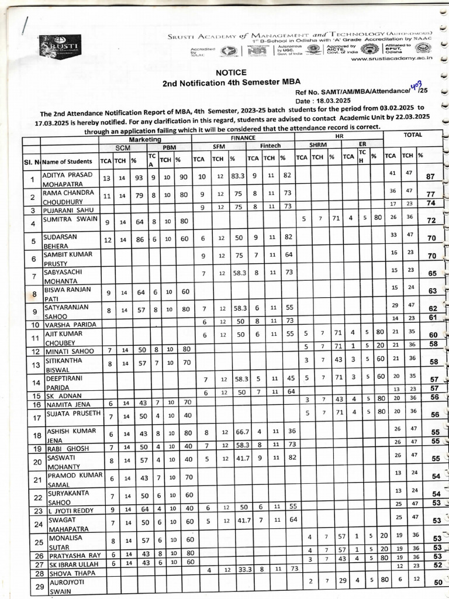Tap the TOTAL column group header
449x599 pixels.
(x=412, y=135)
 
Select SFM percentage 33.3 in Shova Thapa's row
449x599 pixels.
(x=236, y=569)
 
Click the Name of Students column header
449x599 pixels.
(x=67, y=161)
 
